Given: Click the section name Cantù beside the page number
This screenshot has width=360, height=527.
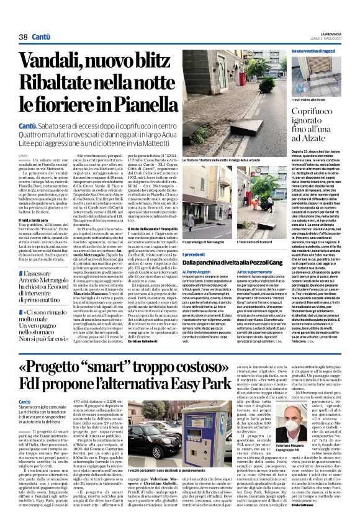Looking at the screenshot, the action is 40,37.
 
